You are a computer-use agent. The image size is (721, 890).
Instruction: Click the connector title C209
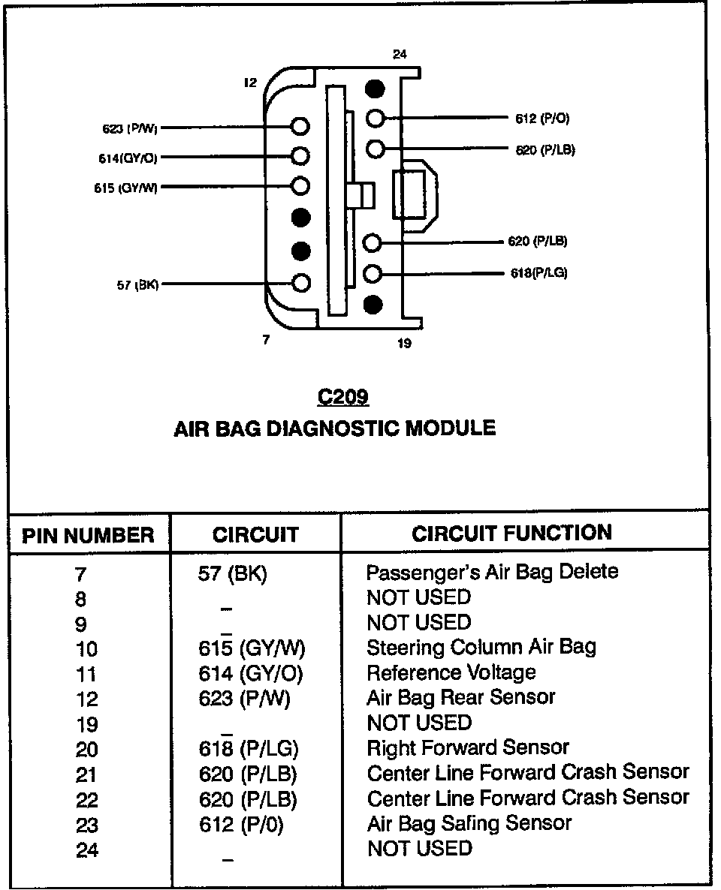pos(342,396)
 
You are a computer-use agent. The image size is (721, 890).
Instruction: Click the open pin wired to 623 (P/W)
pos(300,126)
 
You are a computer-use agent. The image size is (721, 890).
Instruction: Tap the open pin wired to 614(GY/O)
pos(300,156)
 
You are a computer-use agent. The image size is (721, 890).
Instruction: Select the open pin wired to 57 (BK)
pos(300,283)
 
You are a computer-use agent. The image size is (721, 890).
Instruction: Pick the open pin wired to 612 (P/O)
pos(376,118)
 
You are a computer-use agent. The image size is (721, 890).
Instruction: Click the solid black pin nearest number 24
pos(375,89)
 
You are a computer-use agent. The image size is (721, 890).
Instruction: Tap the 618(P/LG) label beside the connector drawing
pos(538,273)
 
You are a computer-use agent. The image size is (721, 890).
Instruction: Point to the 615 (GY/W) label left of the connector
pos(125,188)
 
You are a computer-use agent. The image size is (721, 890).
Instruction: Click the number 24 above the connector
pos(399,55)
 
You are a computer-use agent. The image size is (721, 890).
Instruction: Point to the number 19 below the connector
pos(404,345)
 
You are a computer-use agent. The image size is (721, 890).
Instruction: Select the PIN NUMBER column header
pos(88,535)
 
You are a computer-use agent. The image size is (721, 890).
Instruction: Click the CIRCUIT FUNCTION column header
pos(511,534)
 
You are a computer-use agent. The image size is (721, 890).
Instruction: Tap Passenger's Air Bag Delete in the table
pos(492,572)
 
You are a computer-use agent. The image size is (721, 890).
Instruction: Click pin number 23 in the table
pos(87,825)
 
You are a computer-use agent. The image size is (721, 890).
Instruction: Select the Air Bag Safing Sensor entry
pos(469,823)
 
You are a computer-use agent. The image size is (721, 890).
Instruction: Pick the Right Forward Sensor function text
pos(467,748)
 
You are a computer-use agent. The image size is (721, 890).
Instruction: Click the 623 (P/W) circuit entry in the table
pos(244,699)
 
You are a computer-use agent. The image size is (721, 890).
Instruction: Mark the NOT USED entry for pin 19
pos(418,723)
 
